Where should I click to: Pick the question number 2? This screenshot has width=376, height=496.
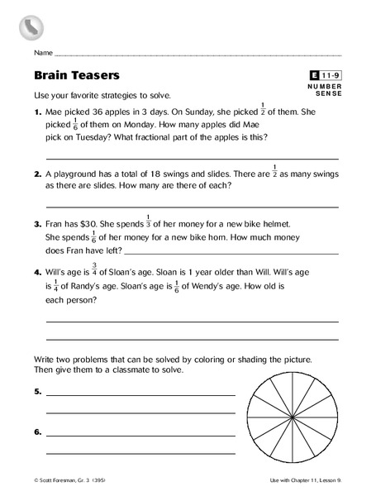click(x=37, y=175)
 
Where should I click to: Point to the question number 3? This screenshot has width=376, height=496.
click(x=37, y=223)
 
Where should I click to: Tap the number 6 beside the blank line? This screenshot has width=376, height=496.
click(x=37, y=432)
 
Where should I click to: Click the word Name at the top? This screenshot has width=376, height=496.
click(x=44, y=52)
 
